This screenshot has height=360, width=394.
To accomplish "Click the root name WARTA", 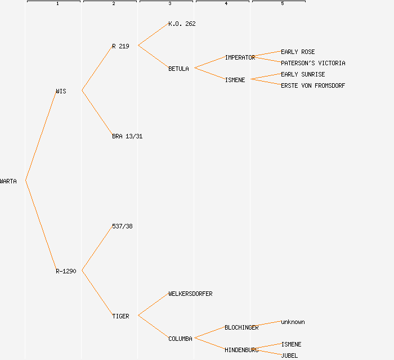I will pyautogui.click(x=8, y=181).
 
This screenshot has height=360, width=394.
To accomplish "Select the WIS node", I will pyautogui.click(x=61, y=91).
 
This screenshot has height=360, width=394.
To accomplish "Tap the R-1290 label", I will pyautogui.click(x=66, y=271).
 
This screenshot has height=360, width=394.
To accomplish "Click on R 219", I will pyautogui.click(x=120, y=46).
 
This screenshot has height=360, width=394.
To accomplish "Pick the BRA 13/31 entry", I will pyautogui.click(x=127, y=136).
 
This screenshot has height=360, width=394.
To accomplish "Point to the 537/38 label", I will pyautogui.click(x=122, y=226).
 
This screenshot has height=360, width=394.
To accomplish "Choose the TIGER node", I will pyautogui.click(x=120, y=316).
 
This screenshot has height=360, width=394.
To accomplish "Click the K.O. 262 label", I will pyautogui.click(x=182, y=24).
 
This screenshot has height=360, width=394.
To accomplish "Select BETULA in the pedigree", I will pyautogui.click(x=178, y=69).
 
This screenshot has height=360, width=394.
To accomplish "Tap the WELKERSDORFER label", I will pyautogui.click(x=190, y=294).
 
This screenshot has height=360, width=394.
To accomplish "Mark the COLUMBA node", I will pyautogui.click(x=180, y=339).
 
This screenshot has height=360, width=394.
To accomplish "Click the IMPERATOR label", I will pyautogui.click(x=240, y=57).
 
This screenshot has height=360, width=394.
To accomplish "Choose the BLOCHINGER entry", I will pyautogui.click(x=241, y=327).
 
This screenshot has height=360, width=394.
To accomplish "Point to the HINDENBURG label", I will pyautogui.click(x=241, y=350).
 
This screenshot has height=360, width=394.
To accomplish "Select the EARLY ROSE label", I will pyautogui.click(x=298, y=52).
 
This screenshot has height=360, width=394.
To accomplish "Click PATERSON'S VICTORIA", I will pyautogui.click(x=313, y=63).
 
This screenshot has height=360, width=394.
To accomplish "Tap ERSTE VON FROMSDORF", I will pyautogui.click(x=313, y=85).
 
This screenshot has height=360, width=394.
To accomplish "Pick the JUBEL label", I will pyautogui.click(x=289, y=355).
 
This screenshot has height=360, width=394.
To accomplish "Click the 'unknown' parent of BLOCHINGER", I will pyautogui.click(x=293, y=322).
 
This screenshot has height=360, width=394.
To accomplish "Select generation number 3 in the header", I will pyautogui.click(x=169, y=4).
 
